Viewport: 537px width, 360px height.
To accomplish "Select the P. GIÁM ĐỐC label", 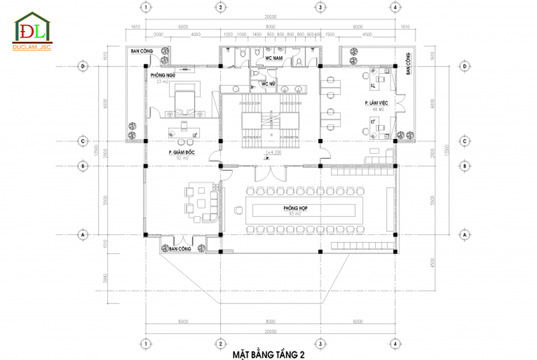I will [x=181, y=153].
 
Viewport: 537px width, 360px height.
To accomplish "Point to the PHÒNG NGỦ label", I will [x=162, y=75].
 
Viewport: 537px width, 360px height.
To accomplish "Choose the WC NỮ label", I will [x=269, y=84].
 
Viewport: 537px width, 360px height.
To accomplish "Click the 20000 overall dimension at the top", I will [x=271, y=16].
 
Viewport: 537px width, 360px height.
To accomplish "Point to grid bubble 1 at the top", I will [x=145, y=7].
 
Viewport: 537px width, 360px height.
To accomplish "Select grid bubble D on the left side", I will [x=84, y=66].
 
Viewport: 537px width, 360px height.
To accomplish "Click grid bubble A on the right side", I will [x=464, y=236].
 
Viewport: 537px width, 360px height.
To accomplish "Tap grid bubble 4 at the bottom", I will [x=395, y=343].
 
